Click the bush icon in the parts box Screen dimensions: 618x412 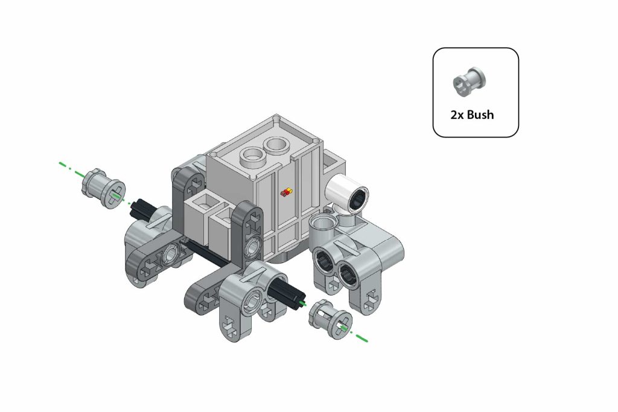coord(469,81)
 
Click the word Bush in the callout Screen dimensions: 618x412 coord(480,115)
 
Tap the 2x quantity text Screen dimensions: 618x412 coord(457,115)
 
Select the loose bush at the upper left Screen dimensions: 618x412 coord(103,189)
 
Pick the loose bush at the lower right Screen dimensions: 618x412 coord(330,319)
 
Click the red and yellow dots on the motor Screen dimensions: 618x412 coord(287,192)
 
